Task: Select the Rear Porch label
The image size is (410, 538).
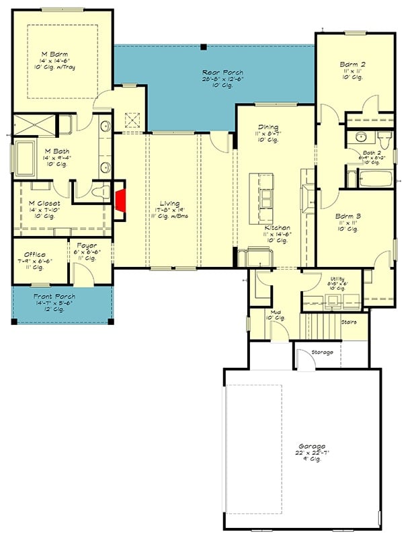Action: tap(222, 73)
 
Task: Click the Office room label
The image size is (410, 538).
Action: tap(34, 255)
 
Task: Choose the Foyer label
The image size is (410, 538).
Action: tap(86, 246)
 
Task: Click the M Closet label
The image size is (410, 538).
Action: tap(41, 202)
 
